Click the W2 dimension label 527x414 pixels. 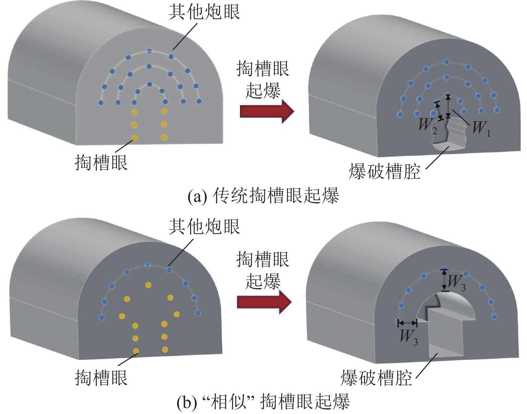click(428, 126)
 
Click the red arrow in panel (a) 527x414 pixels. click(267, 111)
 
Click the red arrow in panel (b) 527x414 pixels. click(264, 302)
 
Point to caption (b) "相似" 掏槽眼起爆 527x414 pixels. click(263, 402)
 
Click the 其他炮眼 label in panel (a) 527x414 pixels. click(204, 12)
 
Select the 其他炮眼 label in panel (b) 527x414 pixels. click(204, 227)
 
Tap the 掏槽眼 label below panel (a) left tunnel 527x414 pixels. click(101, 163)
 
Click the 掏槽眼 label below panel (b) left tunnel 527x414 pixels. click(101, 378)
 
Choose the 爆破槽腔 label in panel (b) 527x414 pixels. click(376, 378)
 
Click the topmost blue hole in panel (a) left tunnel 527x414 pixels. click(150, 51)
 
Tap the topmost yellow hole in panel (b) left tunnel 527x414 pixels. click(148, 285)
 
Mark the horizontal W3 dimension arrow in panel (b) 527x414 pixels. click(407, 323)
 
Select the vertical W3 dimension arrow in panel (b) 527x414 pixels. click(444, 280)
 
